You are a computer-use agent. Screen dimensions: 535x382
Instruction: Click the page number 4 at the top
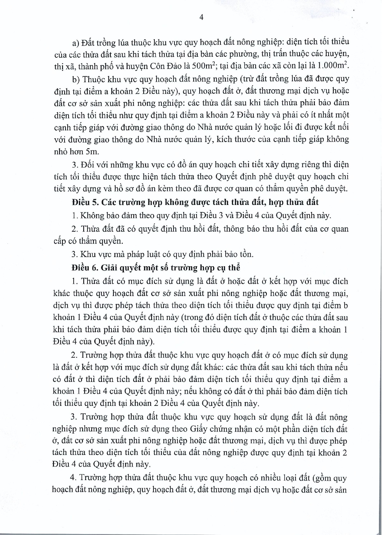[201, 17]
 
